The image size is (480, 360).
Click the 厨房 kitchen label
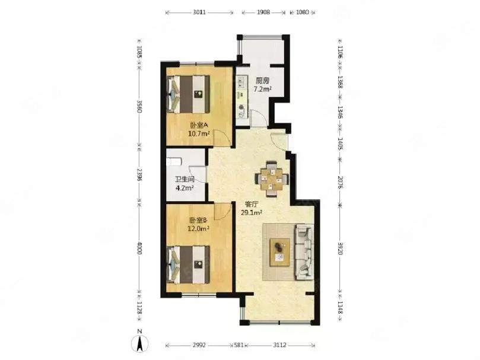262,81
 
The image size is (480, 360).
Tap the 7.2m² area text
262,90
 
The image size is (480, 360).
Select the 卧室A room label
198,125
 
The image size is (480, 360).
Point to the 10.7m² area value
198,133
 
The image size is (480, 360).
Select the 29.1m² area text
252,212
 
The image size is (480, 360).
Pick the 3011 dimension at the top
199,11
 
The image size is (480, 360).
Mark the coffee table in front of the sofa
280,251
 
